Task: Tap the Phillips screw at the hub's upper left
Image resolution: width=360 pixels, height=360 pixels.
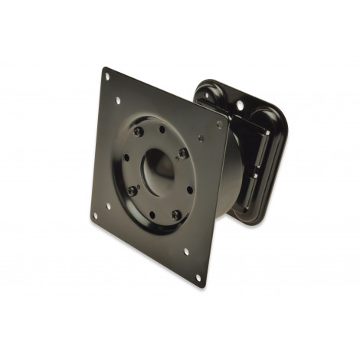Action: pyautogui.click(x=137, y=133)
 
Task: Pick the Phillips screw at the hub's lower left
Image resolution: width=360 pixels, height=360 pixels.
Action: pyautogui.click(x=132, y=191)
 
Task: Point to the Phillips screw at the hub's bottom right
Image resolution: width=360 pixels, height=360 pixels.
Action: pyautogui.click(x=176, y=215)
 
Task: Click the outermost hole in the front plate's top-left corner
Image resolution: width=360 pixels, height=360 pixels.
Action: pyautogui.click(x=107, y=76)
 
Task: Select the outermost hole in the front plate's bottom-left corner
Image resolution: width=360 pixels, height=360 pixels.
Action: pyautogui.click(x=94, y=216)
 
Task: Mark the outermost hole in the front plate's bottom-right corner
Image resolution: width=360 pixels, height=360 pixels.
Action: pyautogui.click(x=198, y=277)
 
